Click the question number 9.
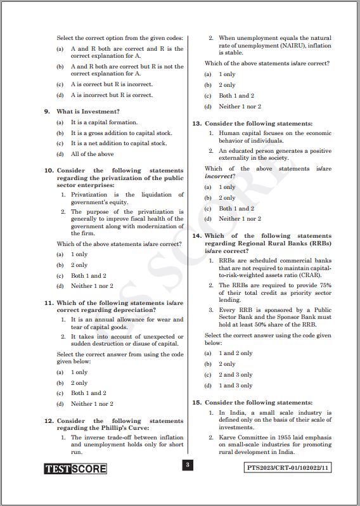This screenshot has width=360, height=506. point(47,112)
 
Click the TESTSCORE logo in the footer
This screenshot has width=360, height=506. point(75,469)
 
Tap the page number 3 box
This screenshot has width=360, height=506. point(187,465)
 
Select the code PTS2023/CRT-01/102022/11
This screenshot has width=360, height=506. point(288,469)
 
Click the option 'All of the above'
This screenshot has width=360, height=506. point(93,154)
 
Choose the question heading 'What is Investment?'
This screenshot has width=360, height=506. point(88,112)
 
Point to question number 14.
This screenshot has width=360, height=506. point(196,236)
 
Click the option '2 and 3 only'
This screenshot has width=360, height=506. point(236,375)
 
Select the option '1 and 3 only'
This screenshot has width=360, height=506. point(236,386)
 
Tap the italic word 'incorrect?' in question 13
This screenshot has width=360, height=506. point(219,176)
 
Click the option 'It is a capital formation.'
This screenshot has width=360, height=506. point(104,122)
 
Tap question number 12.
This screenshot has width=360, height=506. point(48,421)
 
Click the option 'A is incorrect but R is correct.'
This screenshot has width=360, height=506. point(112,95)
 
